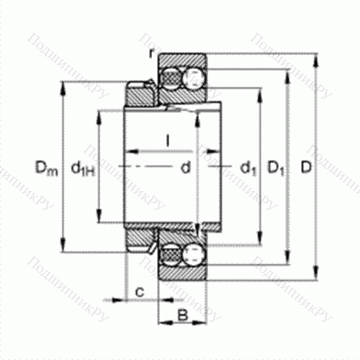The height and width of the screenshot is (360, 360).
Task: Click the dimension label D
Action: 305,168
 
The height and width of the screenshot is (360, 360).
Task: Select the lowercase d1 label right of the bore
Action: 248,168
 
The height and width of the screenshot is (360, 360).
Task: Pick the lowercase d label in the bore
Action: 185,168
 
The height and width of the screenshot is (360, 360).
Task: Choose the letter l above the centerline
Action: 167,140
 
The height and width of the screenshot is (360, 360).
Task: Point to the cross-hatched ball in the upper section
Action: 171,75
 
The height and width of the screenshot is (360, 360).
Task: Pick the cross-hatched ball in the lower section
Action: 171,256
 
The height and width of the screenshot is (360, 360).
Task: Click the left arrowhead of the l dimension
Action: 131,151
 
